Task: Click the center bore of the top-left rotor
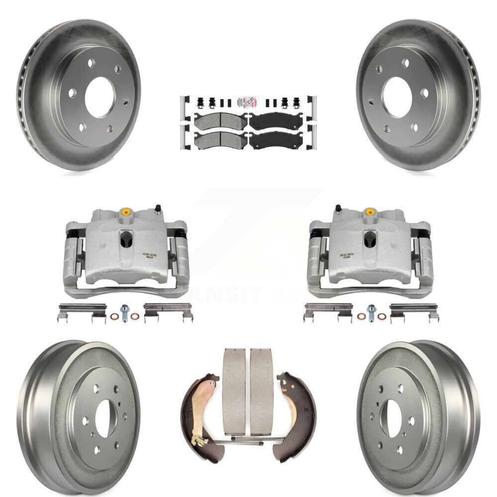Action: (99, 97)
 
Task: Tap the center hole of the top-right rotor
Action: (396, 97)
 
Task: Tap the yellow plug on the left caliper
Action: (126, 212)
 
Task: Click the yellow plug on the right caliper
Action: (370, 212)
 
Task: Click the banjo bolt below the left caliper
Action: (124, 313)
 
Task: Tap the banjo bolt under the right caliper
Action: (371, 313)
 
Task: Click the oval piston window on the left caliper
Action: (126, 239)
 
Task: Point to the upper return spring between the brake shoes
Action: (248, 438)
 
